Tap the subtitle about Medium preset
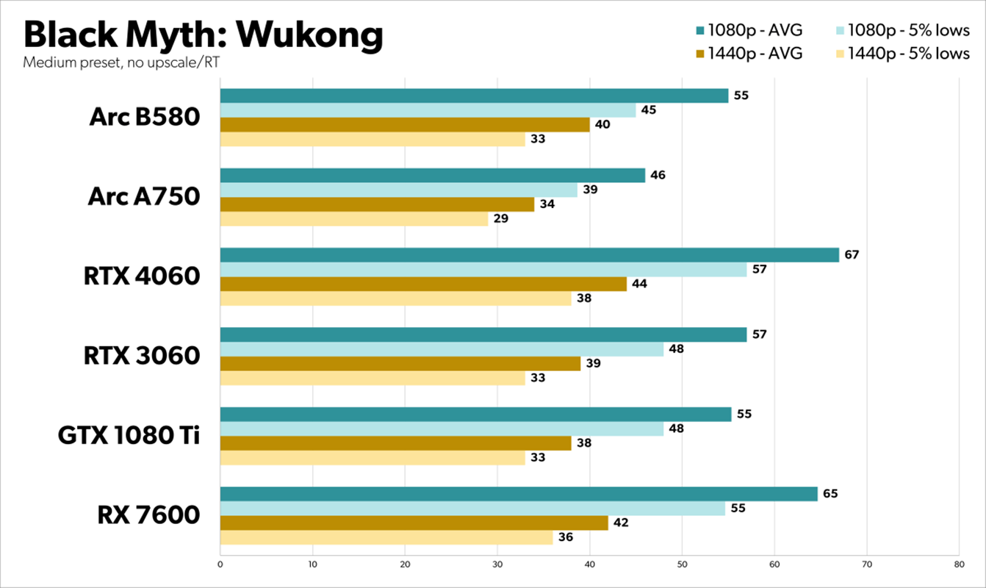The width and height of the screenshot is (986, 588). (x=121, y=62)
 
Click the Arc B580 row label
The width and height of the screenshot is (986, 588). (x=145, y=116)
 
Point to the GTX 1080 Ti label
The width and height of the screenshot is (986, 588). (x=129, y=435)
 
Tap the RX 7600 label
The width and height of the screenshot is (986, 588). (x=148, y=514)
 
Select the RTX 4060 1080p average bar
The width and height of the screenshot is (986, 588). (x=529, y=255)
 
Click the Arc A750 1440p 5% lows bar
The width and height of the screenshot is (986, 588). (x=353, y=219)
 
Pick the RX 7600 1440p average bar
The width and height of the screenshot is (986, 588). (x=414, y=523)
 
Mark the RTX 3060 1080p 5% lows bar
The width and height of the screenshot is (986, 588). (x=442, y=349)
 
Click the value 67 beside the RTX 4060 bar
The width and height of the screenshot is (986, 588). (x=852, y=255)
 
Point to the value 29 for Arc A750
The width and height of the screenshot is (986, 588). (x=500, y=219)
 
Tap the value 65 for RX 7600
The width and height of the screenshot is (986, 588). (x=830, y=494)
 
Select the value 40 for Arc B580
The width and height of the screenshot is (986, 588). (x=602, y=125)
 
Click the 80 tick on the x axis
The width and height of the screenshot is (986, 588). (x=959, y=564)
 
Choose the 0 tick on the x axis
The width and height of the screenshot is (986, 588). (x=220, y=564)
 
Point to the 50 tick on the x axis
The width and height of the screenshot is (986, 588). (x=682, y=564)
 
